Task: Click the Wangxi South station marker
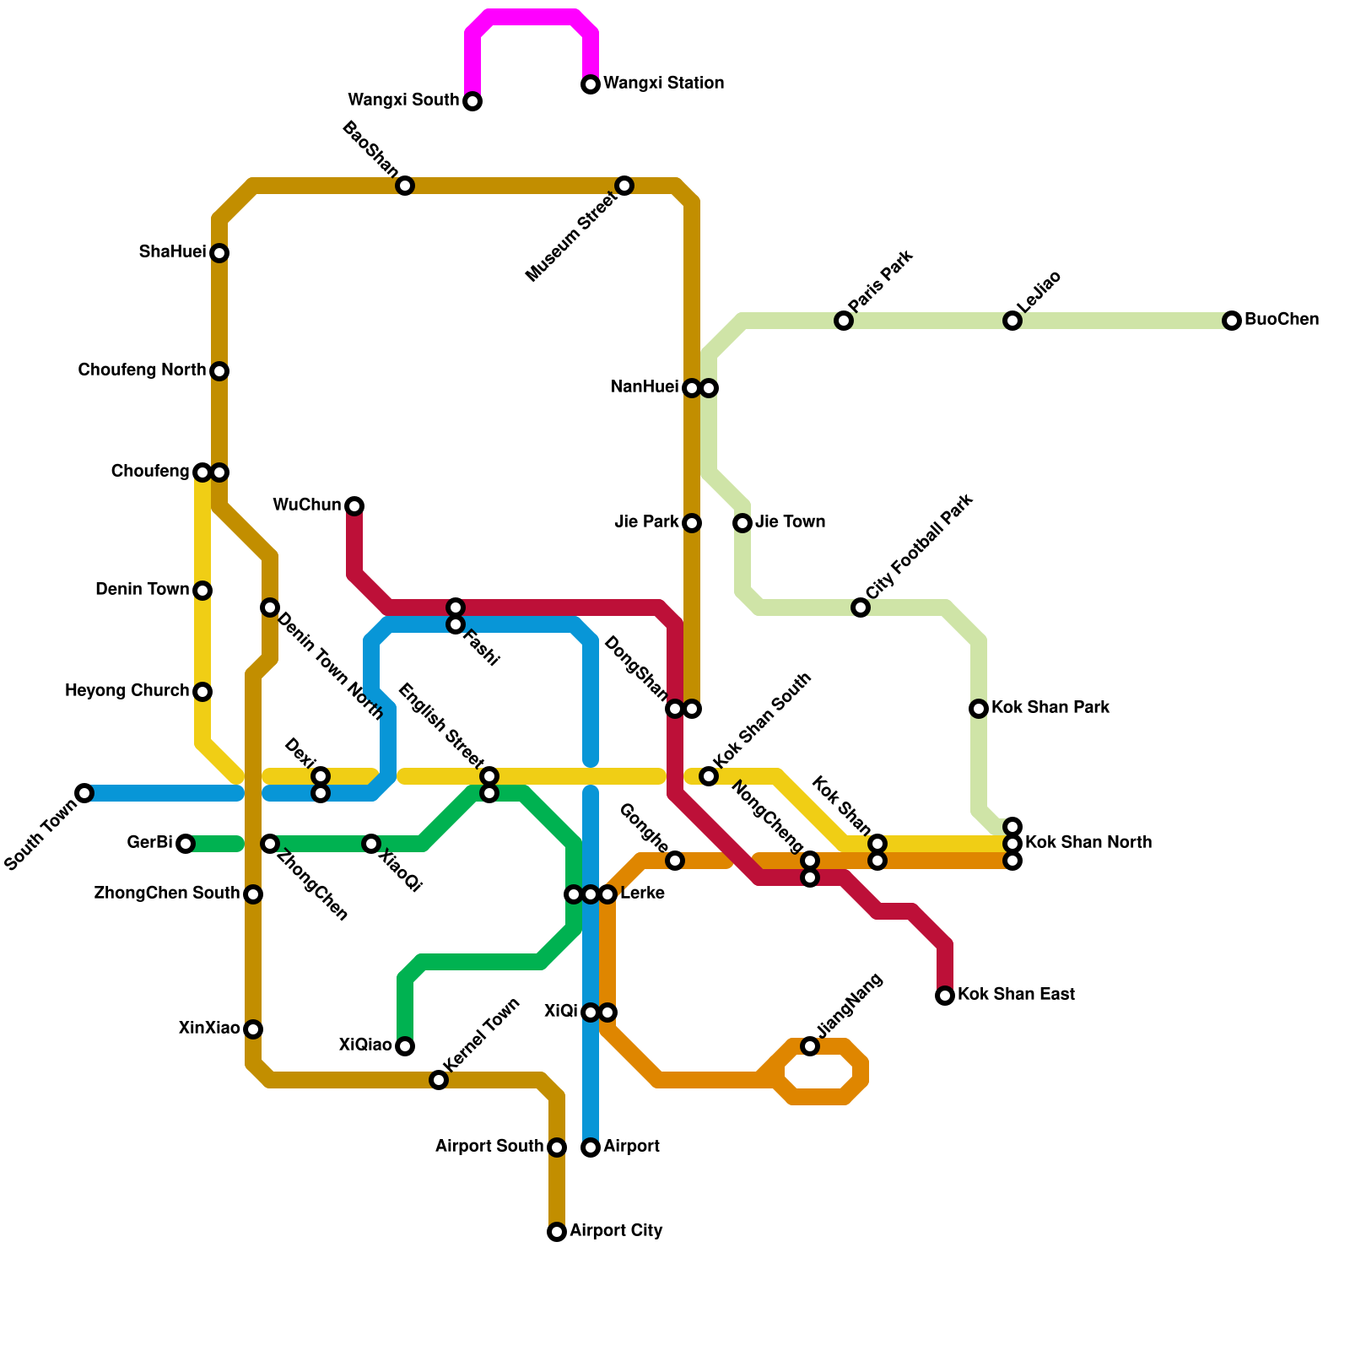[x=472, y=101]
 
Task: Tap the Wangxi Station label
[x=663, y=84]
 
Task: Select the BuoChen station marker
[x=1232, y=321]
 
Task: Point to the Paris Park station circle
[x=844, y=321]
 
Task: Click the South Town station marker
[x=84, y=793]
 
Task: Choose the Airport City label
[x=616, y=1231]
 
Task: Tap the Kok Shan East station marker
[x=945, y=996]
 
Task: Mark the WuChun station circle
[x=354, y=506]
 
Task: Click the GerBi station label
[x=149, y=843]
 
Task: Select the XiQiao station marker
[x=405, y=1046]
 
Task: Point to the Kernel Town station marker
[x=439, y=1080]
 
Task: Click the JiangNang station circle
[x=810, y=1046]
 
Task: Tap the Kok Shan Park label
[x=1050, y=708]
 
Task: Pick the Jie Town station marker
[x=742, y=523]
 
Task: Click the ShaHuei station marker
[x=219, y=253]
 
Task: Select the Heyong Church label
[x=127, y=691]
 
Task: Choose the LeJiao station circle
[x=1012, y=321]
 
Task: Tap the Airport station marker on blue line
[x=591, y=1147]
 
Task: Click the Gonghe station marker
[x=675, y=861]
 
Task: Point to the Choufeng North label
[x=141, y=370]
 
